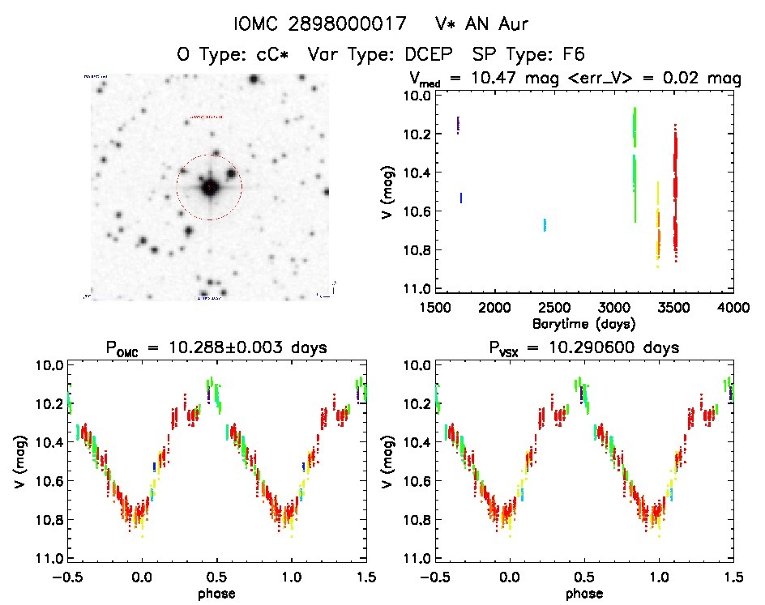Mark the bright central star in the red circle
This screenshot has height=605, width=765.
210,187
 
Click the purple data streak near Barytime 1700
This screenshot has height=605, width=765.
459,125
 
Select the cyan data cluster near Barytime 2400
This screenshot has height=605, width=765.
545,224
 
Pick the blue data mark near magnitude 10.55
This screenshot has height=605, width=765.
461,197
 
